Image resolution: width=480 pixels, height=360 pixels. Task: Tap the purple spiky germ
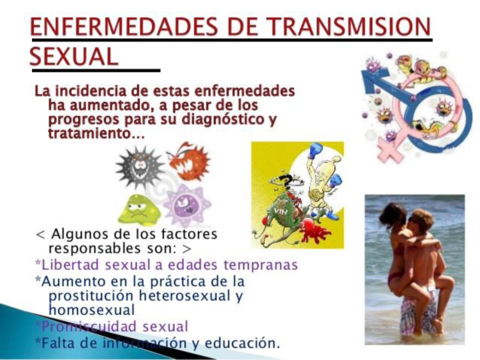point(187,204)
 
